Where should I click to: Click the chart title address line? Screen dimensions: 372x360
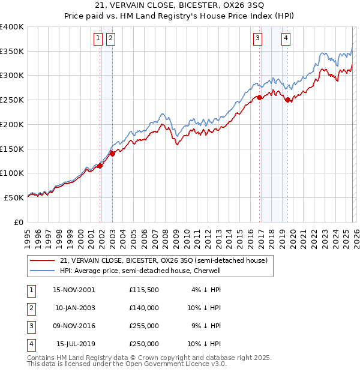pos(179,6)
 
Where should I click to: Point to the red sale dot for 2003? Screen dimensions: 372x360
pos(112,154)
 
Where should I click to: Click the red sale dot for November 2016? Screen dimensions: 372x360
pos(259,97)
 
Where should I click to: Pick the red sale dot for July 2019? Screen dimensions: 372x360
pos(288,100)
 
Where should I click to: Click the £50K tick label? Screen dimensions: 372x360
pos(14,197)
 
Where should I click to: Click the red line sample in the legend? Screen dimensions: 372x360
pos(42,260)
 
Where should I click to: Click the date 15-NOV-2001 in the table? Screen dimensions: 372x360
pos(74,290)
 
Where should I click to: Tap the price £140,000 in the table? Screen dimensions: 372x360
pos(144,308)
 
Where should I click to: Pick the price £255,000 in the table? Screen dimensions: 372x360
pos(144,326)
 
